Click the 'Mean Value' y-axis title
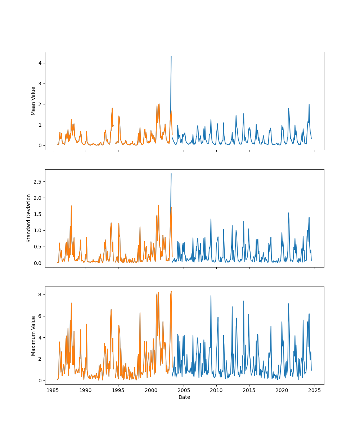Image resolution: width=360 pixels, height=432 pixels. pos(33,101)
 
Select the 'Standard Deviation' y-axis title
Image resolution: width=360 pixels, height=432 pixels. pos(29,218)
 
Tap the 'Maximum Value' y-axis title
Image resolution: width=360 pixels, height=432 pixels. pos(33,336)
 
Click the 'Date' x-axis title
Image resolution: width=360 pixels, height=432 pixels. pos(184,397)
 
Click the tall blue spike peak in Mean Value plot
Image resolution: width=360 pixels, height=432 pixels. pos(171,56)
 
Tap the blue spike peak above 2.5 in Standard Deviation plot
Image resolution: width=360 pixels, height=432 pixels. pos(171,174)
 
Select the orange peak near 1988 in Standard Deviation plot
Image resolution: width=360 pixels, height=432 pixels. pos(71,206)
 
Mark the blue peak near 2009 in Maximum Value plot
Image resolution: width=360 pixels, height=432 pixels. pos(211,296)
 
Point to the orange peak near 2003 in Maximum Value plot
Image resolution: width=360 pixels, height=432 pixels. pos(171,291)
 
